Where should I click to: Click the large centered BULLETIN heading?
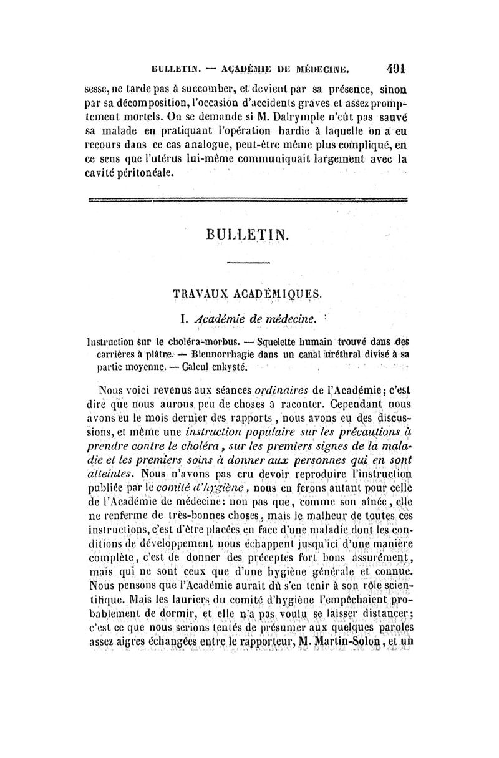pos(247,236)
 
